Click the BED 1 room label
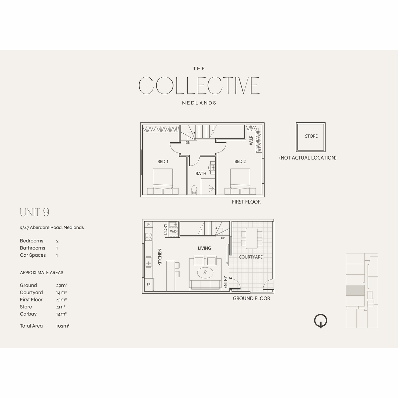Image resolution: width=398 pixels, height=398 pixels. click(x=163, y=162)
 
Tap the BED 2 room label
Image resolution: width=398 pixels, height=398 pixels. click(x=240, y=162)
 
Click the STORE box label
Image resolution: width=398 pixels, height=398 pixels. click(x=311, y=136)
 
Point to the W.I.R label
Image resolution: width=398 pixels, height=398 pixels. click(x=251, y=140)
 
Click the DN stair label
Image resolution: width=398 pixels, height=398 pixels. click(x=188, y=143)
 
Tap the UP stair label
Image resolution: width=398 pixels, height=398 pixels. click(x=223, y=238)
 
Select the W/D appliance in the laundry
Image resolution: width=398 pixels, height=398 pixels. click(x=173, y=232)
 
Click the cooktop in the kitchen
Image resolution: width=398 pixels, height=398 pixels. click(x=149, y=237)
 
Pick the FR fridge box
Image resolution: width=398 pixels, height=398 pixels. click(x=149, y=285)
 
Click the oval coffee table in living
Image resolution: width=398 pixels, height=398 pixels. click(x=205, y=273)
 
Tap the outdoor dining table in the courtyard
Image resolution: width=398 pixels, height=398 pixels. click(x=251, y=238)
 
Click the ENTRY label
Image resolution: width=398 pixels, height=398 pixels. click(x=225, y=282)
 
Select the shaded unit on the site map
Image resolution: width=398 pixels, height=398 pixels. click(x=355, y=290)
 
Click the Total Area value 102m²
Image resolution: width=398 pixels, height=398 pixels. click(x=63, y=326)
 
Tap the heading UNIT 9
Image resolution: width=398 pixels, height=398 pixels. click(x=34, y=212)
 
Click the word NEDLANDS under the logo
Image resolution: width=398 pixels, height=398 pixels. click(x=199, y=103)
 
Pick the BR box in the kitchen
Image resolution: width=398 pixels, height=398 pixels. click(x=149, y=224)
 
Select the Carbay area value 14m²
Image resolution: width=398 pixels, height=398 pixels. click(x=61, y=314)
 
